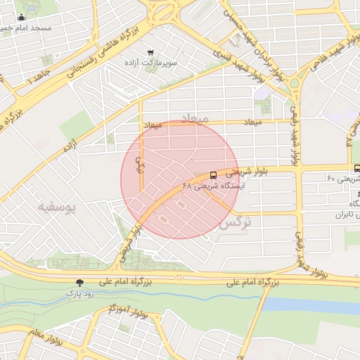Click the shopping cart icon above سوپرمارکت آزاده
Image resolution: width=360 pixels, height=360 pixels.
pyautogui.click(x=150, y=53)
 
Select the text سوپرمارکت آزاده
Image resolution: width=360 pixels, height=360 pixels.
pyautogui.click(x=149, y=64)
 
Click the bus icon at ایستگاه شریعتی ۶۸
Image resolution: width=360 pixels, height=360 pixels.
pyautogui.click(x=212, y=174)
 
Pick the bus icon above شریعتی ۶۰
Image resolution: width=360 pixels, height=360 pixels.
pyautogui.click(x=357, y=168)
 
